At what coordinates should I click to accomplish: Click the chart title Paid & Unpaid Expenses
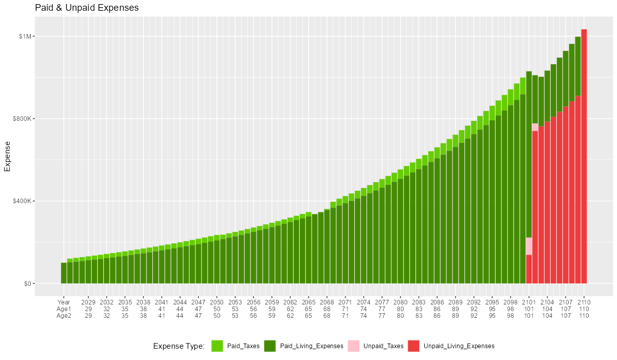click(x=87, y=8)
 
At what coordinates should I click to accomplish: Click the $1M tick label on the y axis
click(x=26, y=36)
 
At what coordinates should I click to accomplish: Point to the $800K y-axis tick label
click(x=24, y=119)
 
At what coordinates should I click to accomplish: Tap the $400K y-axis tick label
click(x=24, y=201)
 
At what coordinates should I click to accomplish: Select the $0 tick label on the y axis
click(x=28, y=283)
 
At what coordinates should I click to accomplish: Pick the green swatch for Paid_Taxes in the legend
click(x=217, y=346)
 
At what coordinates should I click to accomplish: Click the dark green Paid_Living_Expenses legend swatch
click(x=270, y=346)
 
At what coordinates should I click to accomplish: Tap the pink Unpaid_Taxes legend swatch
click(x=353, y=346)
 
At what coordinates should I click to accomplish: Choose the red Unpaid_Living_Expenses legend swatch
click(x=413, y=346)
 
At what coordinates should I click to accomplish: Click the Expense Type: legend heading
click(x=179, y=346)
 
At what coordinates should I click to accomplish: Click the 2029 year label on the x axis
click(x=88, y=302)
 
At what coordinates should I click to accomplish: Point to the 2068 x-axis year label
click(x=327, y=302)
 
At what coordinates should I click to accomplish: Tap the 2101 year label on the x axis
click(x=529, y=302)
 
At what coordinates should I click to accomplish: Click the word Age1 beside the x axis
click(x=64, y=309)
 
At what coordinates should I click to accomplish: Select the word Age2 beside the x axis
click(x=64, y=316)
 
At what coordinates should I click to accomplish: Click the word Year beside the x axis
click(x=64, y=302)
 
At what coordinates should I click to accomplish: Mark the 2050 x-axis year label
click(x=217, y=302)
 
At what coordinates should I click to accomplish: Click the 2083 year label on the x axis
click(x=419, y=302)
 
